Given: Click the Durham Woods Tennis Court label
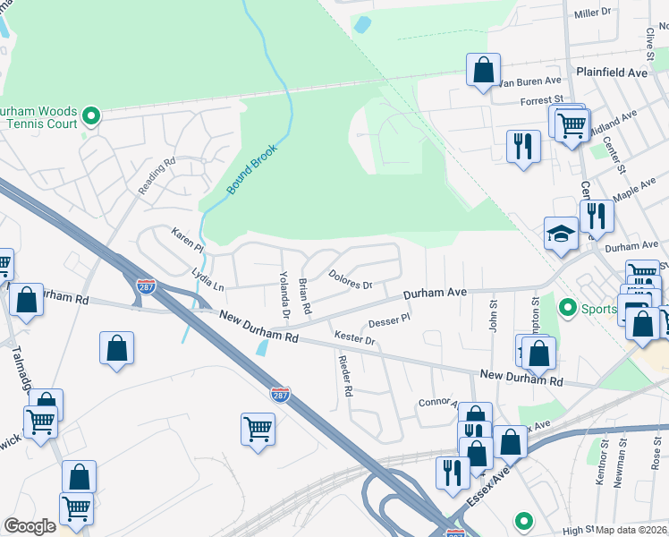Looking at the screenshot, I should [38, 117].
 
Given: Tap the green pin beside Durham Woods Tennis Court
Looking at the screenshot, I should [90, 115].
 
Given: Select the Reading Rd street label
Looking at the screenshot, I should [157, 176].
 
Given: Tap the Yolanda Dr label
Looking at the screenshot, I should [284, 294].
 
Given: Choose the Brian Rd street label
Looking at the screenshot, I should [304, 295].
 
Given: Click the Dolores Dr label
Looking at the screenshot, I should [350, 280].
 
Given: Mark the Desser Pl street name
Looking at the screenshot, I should [389, 320].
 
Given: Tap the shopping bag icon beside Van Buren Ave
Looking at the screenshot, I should [483, 70].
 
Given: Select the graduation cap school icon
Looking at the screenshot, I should [561, 234].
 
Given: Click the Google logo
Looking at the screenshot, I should [30, 526].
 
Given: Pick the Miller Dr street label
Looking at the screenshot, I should [591, 13].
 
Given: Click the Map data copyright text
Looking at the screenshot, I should [631, 530].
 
